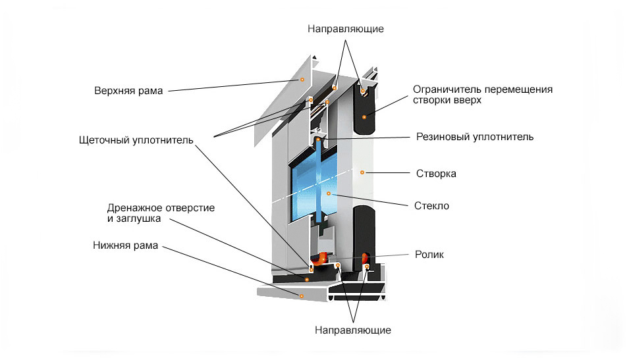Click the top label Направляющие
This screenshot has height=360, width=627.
point(345,29)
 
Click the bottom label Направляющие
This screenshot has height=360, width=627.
point(353,329)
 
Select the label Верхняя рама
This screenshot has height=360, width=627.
point(128,90)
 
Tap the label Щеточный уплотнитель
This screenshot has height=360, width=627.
point(135,140)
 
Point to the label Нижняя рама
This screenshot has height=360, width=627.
point(125,246)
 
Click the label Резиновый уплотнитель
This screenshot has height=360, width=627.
point(474,137)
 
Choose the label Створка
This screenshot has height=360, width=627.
point(436,174)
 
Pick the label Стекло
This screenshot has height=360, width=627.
point(432,206)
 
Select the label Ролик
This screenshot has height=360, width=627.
point(429,254)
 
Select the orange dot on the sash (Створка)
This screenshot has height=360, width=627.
point(362,172)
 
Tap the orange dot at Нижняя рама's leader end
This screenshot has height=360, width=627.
point(301,296)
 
